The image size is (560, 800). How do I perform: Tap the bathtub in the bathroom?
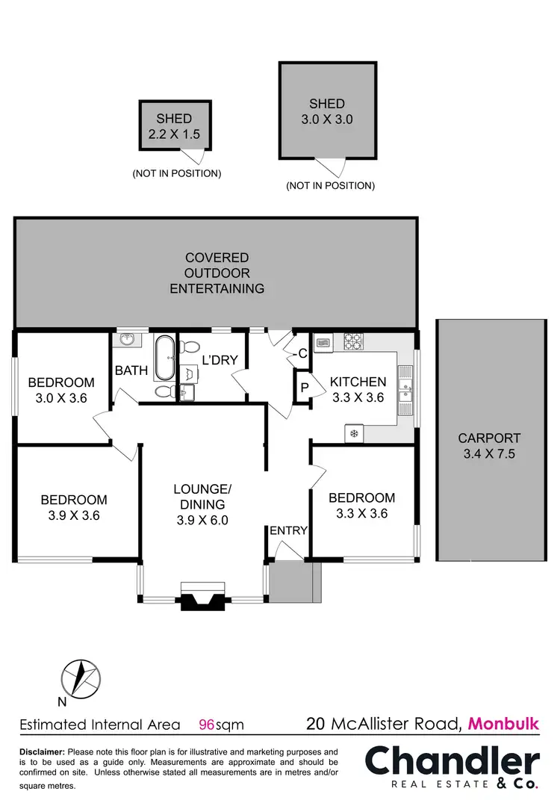point(164,359)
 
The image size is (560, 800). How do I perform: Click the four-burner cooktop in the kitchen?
point(353,342)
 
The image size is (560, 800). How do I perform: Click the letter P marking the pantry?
point(304,388)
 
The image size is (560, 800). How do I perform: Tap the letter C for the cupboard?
point(303,355)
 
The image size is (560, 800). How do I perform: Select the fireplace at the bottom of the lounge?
point(202,597)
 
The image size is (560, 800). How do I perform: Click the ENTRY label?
point(288,530)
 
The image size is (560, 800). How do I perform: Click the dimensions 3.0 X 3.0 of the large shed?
point(326,119)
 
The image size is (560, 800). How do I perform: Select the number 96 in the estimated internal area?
point(206,724)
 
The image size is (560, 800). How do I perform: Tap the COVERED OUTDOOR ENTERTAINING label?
point(217,273)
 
